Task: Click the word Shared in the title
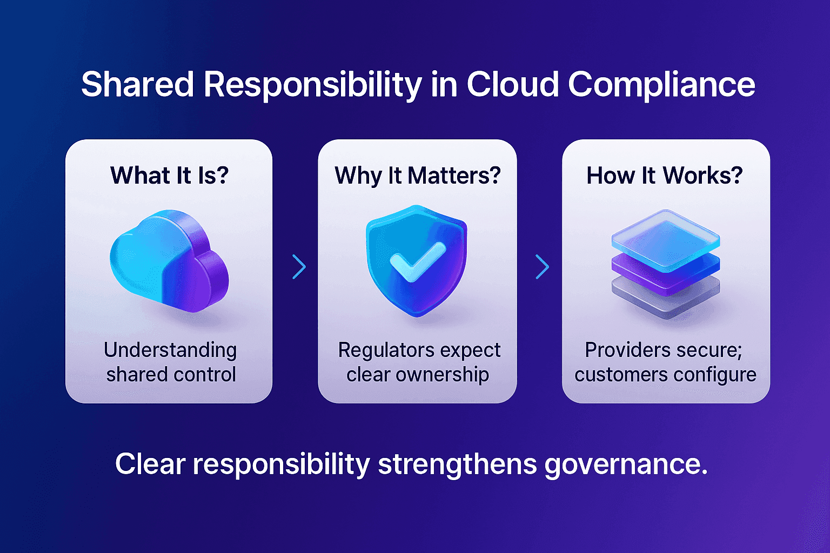pos(137,85)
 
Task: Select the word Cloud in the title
pos(512,85)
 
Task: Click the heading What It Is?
pos(169,176)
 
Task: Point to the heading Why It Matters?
pos(417,176)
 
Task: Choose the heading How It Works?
pos(665,176)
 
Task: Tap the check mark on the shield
pos(417,261)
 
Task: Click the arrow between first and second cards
pos(299,267)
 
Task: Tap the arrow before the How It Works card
pos(542,267)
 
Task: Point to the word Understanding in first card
pos(170,350)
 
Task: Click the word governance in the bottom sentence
pos(625,464)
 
